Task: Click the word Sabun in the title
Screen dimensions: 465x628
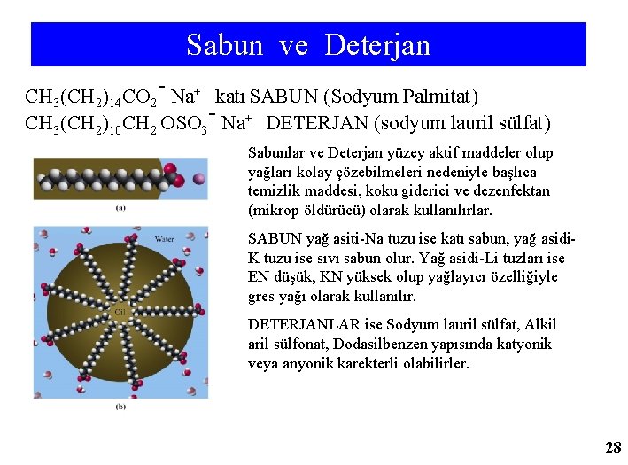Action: (x=225, y=44)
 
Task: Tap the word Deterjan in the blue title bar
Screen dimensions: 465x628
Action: (x=377, y=44)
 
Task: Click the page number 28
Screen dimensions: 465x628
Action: (x=612, y=447)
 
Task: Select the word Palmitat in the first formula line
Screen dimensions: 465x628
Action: (x=440, y=96)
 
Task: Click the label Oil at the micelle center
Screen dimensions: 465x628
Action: (x=119, y=312)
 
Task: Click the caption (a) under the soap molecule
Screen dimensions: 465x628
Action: (x=120, y=209)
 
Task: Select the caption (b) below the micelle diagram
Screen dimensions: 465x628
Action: (x=120, y=406)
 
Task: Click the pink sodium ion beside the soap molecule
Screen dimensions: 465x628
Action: (x=199, y=180)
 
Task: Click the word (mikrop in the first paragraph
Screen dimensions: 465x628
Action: (x=274, y=211)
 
